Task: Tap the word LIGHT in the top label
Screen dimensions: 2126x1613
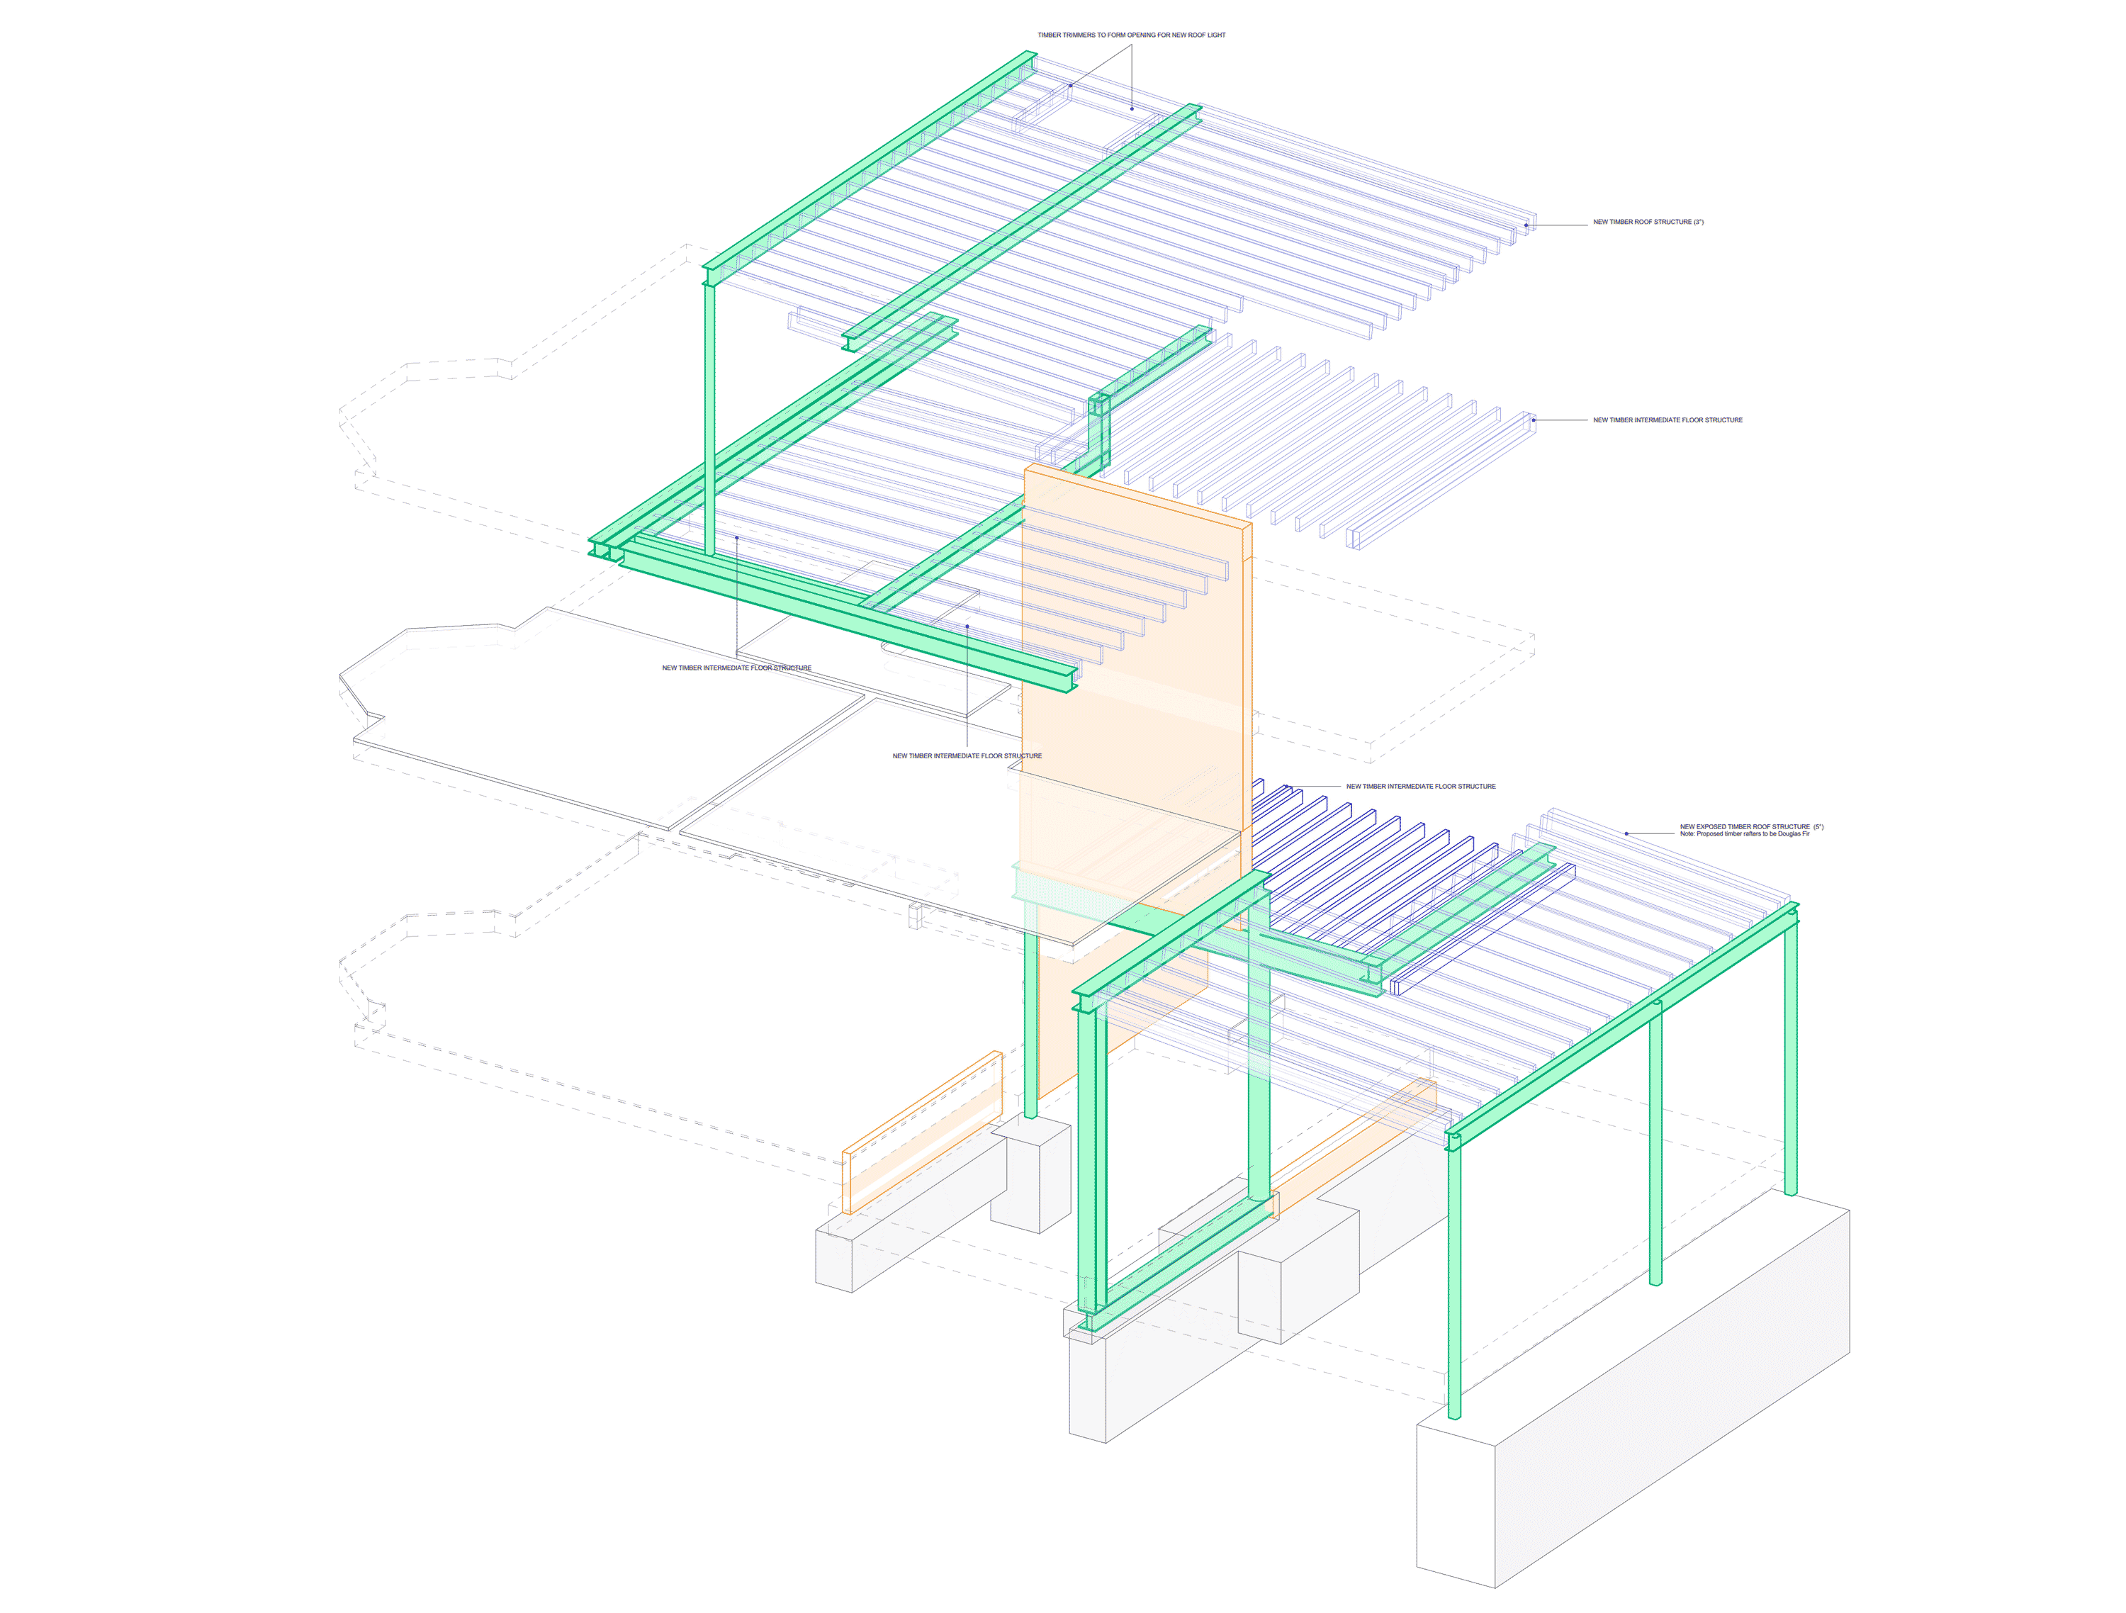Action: pyautogui.click(x=1216, y=35)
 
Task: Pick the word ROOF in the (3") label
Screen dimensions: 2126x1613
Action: pyautogui.click(x=1643, y=222)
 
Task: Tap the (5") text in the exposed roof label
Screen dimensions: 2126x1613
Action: pyautogui.click(x=1818, y=826)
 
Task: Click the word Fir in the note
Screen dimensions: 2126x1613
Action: pyautogui.click(x=1805, y=834)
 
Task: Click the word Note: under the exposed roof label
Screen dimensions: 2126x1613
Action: pyautogui.click(x=1688, y=834)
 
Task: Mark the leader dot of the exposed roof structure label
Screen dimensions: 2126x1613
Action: pyautogui.click(x=1626, y=833)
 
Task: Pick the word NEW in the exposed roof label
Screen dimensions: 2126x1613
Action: pyautogui.click(x=1688, y=826)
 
